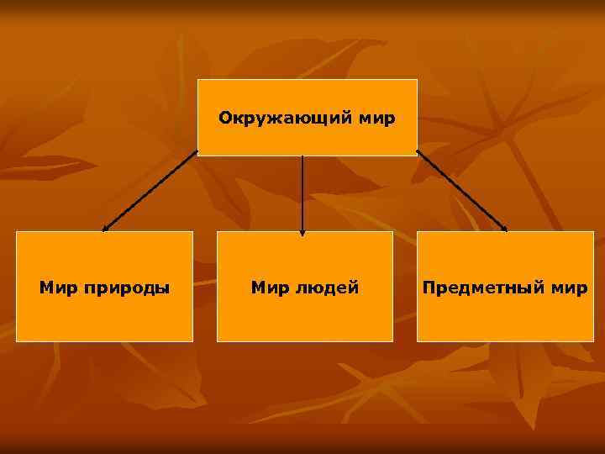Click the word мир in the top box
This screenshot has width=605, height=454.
point(376,118)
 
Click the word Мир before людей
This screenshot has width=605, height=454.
point(270,288)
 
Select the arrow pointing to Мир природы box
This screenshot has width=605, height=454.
point(150,191)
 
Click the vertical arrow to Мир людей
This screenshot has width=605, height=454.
point(302,192)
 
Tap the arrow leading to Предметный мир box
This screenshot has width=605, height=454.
point(461,191)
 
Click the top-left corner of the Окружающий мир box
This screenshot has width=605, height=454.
point(198,80)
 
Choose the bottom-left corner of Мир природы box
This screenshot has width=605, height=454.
point(17,341)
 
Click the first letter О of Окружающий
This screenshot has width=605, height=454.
point(224,118)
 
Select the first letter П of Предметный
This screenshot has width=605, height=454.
point(429,288)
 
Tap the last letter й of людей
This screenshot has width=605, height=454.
point(354,288)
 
